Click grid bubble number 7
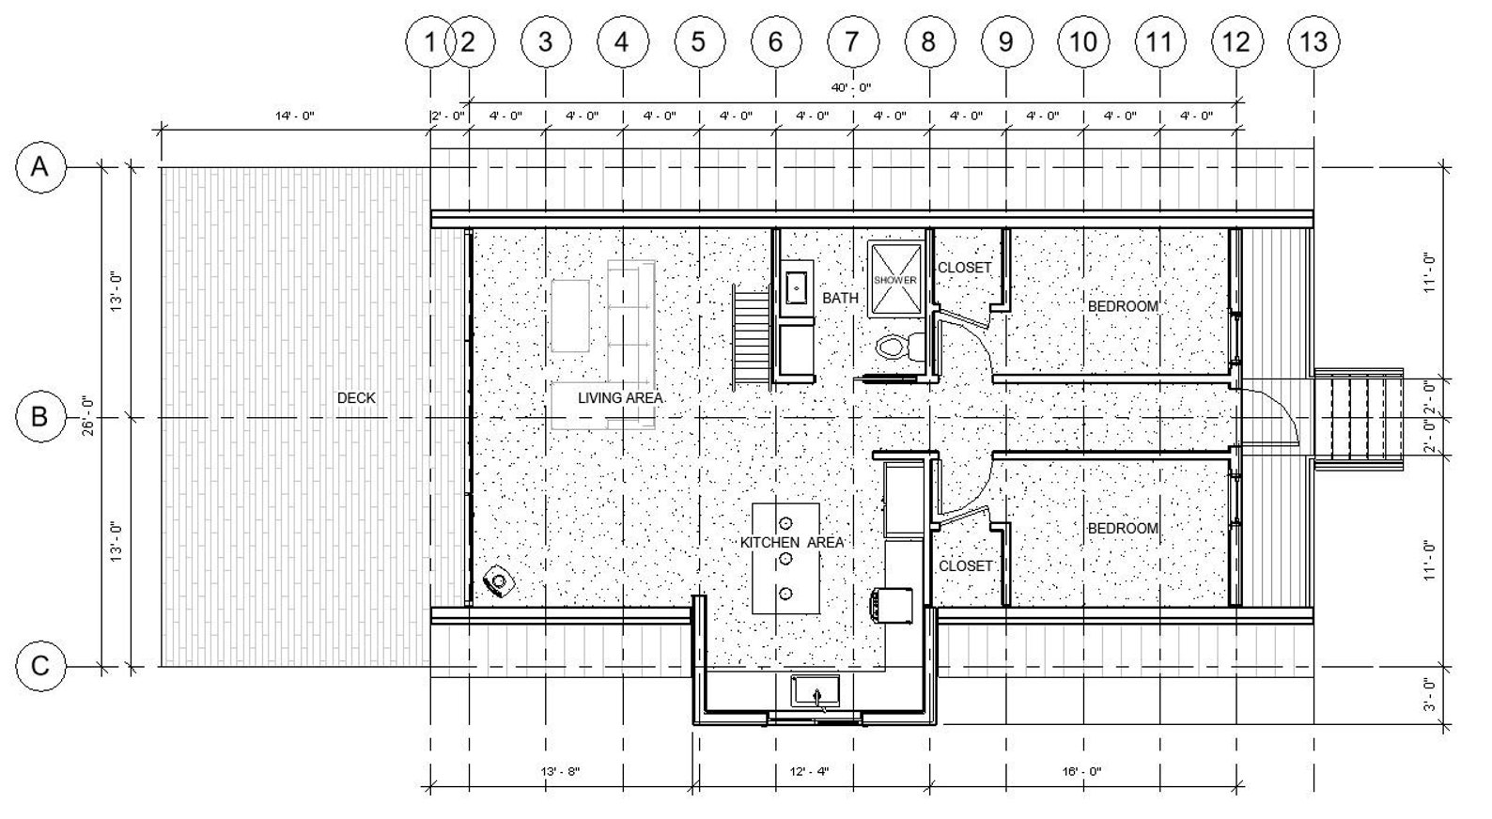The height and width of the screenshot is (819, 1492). (852, 42)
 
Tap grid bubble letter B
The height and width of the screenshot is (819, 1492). (40, 418)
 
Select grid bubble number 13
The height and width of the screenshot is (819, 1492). (1313, 42)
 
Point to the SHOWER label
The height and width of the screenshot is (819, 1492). (894, 280)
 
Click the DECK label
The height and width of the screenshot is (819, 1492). (356, 398)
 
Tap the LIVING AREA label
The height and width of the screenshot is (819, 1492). (620, 398)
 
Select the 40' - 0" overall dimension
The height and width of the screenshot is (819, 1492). (850, 87)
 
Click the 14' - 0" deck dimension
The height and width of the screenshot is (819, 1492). (294, 116)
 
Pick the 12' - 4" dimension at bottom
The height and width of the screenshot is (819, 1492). (809, 772)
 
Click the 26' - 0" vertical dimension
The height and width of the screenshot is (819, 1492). (88, 416)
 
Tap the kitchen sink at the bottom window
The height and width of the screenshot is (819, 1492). (816, 692)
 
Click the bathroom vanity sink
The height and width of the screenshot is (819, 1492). (797, 287)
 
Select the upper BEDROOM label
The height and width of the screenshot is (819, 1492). (1123, 307)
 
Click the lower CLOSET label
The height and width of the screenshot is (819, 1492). (965, 566)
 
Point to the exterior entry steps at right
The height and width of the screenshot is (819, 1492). (1359, 420)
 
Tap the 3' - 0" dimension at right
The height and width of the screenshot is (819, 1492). (1429, 694)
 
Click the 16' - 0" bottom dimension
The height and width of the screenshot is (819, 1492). (1081, 772)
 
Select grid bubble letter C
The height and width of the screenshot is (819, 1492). (40, 667)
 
